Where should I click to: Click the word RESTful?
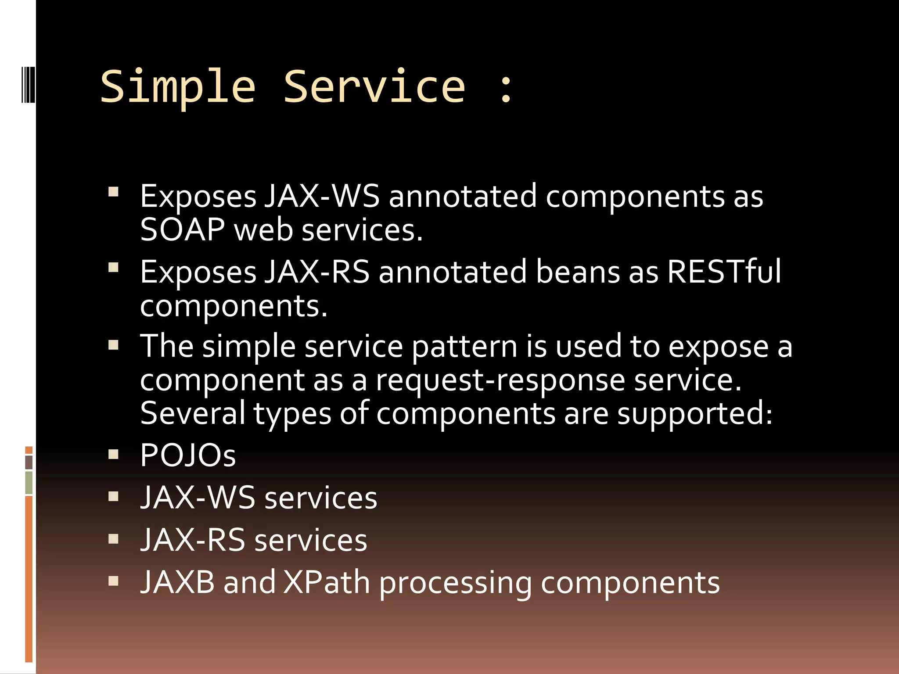click(724, 272)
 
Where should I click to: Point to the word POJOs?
click(188, 455)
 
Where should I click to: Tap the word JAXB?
click(178, 583)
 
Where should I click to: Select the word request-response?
click(500, 381)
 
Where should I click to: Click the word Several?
click(193, 413)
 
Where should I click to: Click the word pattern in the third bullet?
click(464, 347)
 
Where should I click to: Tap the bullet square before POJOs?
click(114, 454)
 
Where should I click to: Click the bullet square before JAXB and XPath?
click(114, 581)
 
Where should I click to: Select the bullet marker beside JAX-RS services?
click(114, 539)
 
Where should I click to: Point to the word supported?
click(694, 414)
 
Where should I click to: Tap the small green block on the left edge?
click(29, 483)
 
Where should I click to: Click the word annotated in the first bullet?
click(463, 196)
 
